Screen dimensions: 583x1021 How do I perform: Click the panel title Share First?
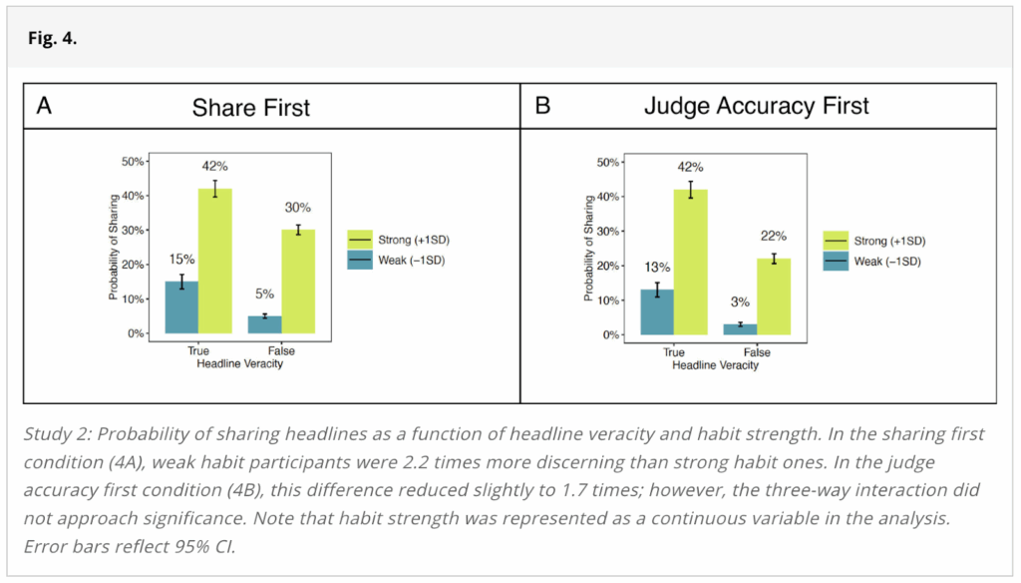(x=250, y=107)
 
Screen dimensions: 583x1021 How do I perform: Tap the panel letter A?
(x=44, y=106)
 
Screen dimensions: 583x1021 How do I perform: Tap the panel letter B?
(x=542, y=106)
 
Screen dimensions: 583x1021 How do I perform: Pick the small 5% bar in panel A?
(x=264, y=324)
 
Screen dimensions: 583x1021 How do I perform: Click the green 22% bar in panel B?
(x=774, y=296)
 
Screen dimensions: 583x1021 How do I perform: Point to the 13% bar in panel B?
(x=657, y=311)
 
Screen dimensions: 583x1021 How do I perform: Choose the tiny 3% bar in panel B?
(x=740, y=328)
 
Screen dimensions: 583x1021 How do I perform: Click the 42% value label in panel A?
(x=214, y=166)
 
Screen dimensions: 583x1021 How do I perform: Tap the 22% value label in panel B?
(x=774, y=236)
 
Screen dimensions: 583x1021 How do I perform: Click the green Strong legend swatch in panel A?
(x=359, y=241)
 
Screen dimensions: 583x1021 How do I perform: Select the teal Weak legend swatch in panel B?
(x=835, y=261)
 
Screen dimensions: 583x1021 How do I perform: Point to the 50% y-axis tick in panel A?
(x=132, y=161)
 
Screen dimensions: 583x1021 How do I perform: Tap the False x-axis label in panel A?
(x=281, y=351)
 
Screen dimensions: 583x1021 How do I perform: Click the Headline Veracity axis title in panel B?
(x=715, y=365)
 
